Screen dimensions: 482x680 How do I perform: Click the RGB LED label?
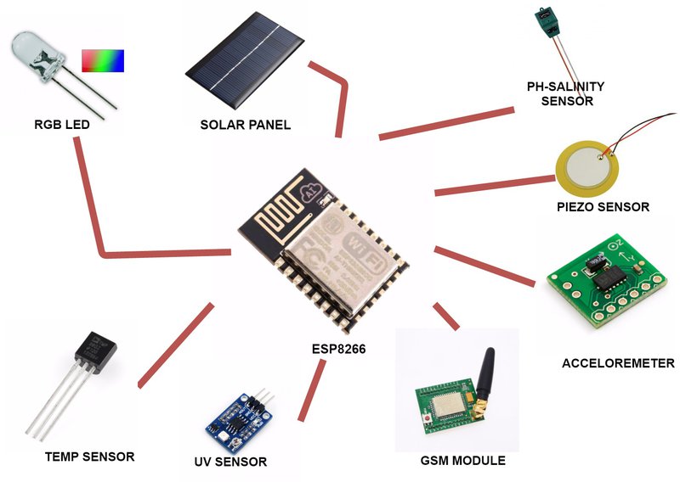pyautogui.click(x=61, y=125)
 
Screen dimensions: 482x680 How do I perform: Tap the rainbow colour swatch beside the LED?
pyautogui.click(x=103, y=59)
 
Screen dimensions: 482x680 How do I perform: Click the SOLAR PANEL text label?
pyautogui.click(x=245, y=125)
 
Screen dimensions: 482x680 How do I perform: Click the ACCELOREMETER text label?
pyautogui.click(x=618, y=363)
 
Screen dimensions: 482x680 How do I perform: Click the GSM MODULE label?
pyautogui.click(x=462, y=461)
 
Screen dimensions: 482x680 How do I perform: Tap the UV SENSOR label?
pyautogui.click(x=230, y=462)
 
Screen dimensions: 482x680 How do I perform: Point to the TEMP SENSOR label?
pyautogui.click(x=89, y=457)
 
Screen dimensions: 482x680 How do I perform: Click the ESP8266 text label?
pyautogui.click(x=338, y=349)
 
